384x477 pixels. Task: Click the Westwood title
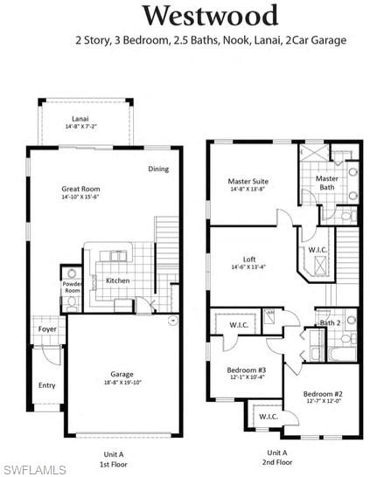[x=210, y=15]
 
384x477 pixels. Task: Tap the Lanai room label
[x=81, y=119]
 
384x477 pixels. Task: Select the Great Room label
[x=80, y=189]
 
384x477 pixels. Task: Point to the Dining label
[x=157, y=169]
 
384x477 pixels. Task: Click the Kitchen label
[x=118, y=280]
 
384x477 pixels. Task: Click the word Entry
[x=46, y=384]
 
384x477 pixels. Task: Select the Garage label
[x=122, y=374]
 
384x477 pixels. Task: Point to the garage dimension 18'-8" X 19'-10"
[x=122, y=383]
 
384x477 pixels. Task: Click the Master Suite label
[x=248, y=182]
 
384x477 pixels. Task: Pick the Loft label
[x=249, y=259]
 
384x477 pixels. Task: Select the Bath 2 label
[x=330, y=323]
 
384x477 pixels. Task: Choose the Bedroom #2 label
[x=322, y=394]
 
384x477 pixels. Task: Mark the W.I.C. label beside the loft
[x=318, y=250]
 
